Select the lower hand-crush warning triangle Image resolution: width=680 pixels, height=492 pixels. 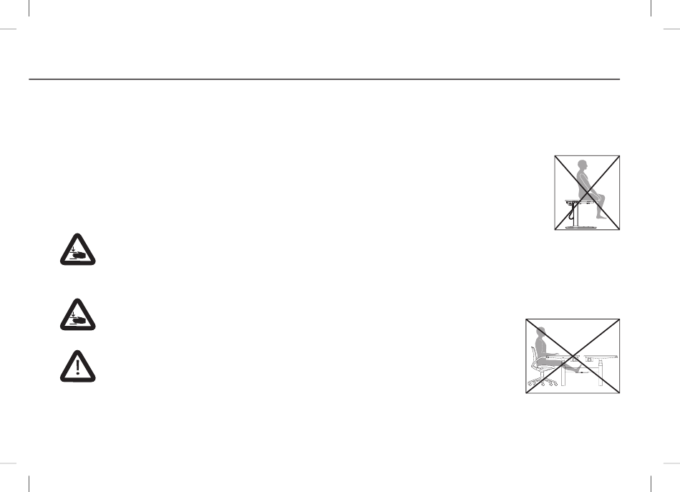click(x=77, y=315)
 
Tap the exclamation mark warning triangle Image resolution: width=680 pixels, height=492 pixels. click(x=77, y=367)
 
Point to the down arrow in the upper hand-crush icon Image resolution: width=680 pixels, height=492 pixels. click(x=73, y=249)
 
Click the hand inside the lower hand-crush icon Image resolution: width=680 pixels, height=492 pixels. click(x=78, y=319)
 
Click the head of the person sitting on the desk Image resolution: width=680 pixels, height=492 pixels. click(x=583, y=164)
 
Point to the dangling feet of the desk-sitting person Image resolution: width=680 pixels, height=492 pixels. click(x=601, y=214)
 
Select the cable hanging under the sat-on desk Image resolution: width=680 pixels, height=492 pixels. click(x=570, y=211)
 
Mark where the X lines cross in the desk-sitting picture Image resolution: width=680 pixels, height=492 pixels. click(x=587, y=193)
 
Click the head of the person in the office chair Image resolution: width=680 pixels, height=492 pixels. click(x=541, y=333)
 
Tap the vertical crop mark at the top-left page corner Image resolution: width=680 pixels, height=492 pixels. click(x=28, y=9)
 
